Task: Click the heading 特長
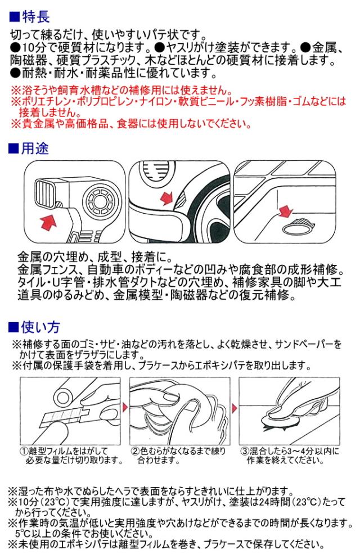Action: [35, 17]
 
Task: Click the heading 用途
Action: [34, 148]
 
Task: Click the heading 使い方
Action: [40, 327]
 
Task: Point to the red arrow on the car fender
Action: [166, 198]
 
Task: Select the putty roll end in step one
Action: [63, 396]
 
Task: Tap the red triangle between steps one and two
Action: [125, 408]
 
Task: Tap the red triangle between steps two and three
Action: [235, 408]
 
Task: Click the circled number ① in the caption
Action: [24, 452]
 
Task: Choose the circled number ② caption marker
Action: [135, 452]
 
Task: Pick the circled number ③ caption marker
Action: [245, 452]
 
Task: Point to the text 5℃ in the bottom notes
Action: [21, 534]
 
